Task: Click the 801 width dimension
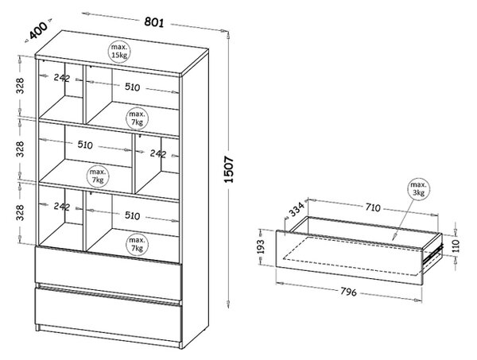click(154, 22)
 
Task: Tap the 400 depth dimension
click(38, 29)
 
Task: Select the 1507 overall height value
click(229, 169)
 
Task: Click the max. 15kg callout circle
click(119, 51)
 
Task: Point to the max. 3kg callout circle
click(419, 188)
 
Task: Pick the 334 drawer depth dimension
click(296, 209)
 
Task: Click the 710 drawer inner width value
click(373, 207)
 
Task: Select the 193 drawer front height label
click(261, 246)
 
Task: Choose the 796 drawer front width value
click(348, 292)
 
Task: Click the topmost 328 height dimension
click(20, 86)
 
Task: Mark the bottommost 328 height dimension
click(20, 212)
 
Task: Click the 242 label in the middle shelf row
click(158, 154)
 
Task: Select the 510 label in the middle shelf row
click(85, 145)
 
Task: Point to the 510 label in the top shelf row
click(132, 87)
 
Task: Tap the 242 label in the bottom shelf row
click(62, 207)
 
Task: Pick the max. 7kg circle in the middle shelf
click(97, 176)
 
